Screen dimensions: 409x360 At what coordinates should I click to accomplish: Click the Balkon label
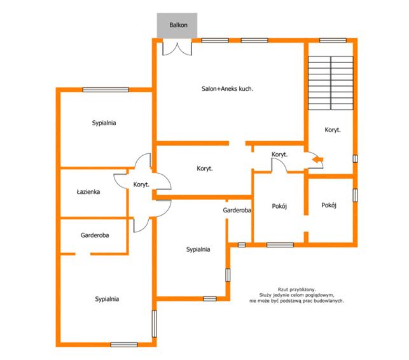(178, 25)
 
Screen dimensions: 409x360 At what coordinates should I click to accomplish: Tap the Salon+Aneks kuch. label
(227, 88)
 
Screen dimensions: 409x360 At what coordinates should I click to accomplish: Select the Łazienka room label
(88, 191)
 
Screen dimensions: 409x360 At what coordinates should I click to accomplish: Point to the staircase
(331, 83)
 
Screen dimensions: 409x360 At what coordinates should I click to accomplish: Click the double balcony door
(177, 48)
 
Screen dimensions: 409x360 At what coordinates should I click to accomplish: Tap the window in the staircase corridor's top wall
(333, 41)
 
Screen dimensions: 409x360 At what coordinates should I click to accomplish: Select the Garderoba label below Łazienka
(95, 235)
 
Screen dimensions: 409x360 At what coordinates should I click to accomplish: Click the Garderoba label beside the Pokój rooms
(237, 211)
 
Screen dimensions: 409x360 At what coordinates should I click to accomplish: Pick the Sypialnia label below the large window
(104, 123)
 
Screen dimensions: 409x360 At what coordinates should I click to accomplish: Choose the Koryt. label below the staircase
(333, 130)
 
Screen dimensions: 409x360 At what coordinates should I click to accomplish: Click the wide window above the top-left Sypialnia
(106, 90)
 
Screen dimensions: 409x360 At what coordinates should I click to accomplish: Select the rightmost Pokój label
(329, 205)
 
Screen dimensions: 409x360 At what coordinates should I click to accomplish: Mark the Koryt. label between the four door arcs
(141, 184)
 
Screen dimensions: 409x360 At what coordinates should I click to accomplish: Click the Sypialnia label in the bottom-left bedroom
(107, 299)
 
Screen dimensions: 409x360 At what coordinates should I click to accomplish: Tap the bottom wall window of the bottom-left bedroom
(124, 345)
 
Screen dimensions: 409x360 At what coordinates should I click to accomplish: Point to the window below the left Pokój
(280, 245)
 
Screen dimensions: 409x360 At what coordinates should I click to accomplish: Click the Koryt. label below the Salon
(205, 169)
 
